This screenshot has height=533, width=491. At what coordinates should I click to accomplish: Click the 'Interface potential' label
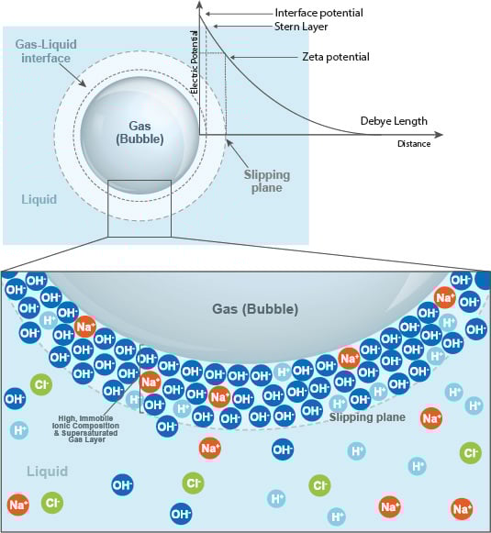[x=318, y=12]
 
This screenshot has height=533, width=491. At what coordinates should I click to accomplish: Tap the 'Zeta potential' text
[x=335, y=57]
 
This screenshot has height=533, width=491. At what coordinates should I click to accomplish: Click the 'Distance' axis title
[x=414, y=144]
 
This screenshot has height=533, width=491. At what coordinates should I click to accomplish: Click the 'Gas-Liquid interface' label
[x=45, y=51]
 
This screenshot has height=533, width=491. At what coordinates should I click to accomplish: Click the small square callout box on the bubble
[x=139, y=208]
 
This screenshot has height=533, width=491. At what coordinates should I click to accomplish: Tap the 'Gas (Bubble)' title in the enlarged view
[x=255, y=309]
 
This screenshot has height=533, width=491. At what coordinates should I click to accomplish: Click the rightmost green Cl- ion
[x=471, y=452]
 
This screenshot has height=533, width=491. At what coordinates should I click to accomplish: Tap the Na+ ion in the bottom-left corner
[x=17, y=504]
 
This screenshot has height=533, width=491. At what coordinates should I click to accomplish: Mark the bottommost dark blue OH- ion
[x=182, y=513]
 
